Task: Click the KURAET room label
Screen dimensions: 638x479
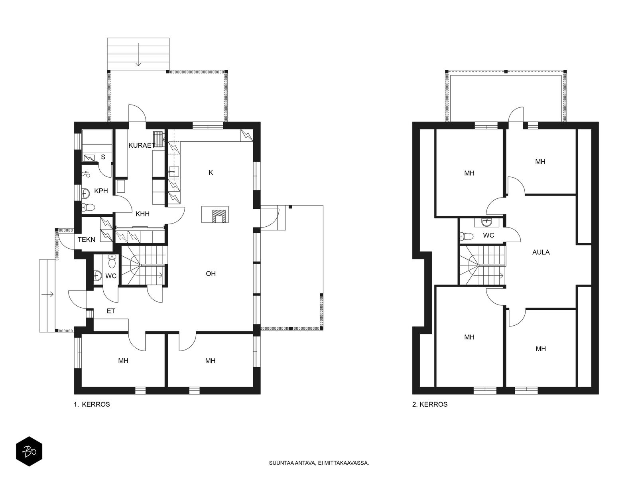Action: [x=142, y=145]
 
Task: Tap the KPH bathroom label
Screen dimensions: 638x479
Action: [x=101, y=191]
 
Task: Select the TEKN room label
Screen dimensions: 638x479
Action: [x=86, y=239]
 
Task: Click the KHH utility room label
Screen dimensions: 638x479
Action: [x=142, y=214]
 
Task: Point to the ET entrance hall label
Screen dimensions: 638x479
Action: [x=111, y=311]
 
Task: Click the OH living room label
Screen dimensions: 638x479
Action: [x=211, y=273]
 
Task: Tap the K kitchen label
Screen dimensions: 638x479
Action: [x=211, y=172]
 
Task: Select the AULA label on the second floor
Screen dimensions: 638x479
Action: [x=541, y=252]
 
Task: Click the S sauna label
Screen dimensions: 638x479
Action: [x=103, y=157]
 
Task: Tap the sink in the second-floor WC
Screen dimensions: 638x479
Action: [x=486, y=222]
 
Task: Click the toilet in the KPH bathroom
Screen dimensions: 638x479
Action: [x=89, y=207]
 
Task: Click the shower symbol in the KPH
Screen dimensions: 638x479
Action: [x=86, y=174]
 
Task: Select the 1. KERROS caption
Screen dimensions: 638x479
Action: [x=92, y=404]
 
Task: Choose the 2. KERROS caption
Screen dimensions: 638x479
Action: [x=430, y=404]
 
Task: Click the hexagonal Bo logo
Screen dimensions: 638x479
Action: [x=29, y=451]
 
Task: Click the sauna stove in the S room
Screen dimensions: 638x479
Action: [x=89, y=158]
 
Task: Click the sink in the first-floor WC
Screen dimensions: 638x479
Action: [x=98, y=275]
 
